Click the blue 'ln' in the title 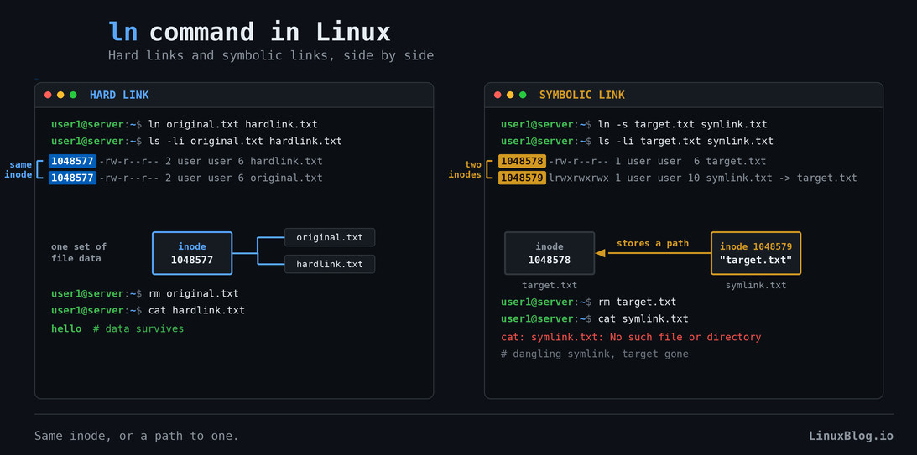pos(122,32)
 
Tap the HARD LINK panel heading pos(119,95)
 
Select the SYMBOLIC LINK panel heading pos(582,95)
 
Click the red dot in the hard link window pos(48,95)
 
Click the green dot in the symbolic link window pos(523,95)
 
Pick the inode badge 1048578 pos(522,161)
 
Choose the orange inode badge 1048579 pos(522,178)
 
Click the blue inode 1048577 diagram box pos(192,253)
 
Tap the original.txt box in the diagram pos(329,237)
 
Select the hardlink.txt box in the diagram pos(329,264)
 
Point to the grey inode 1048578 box pos(550,253)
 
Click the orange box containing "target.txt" pos(756,253)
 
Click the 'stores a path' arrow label pos(653,243)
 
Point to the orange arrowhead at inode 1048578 pos(600,253)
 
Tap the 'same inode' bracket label pos(18,169)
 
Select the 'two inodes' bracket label pos(465,169)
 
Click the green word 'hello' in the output pos(66,328)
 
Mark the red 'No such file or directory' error pos(685,337)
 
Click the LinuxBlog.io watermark pos(851,436)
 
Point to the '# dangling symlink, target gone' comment pos(594,354)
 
